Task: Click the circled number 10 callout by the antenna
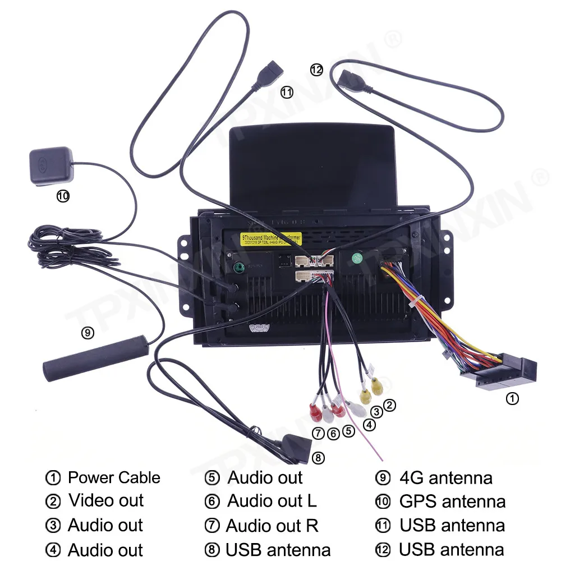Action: pos(63,196)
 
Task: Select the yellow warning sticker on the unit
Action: pos(272,238)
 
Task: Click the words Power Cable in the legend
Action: pos(114,478)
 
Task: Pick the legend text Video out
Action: pos(106,500)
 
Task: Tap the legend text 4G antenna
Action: pos(446,478)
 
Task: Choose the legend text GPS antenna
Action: pos(452,501)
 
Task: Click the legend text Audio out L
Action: pos(272,500)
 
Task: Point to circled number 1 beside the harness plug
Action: pos(512,399)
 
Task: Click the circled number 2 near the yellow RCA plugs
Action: pos(389,405)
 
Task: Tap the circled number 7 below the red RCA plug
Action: pos(318,433)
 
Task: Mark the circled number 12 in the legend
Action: pos(383,550)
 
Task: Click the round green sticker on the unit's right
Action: pos(356,259)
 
